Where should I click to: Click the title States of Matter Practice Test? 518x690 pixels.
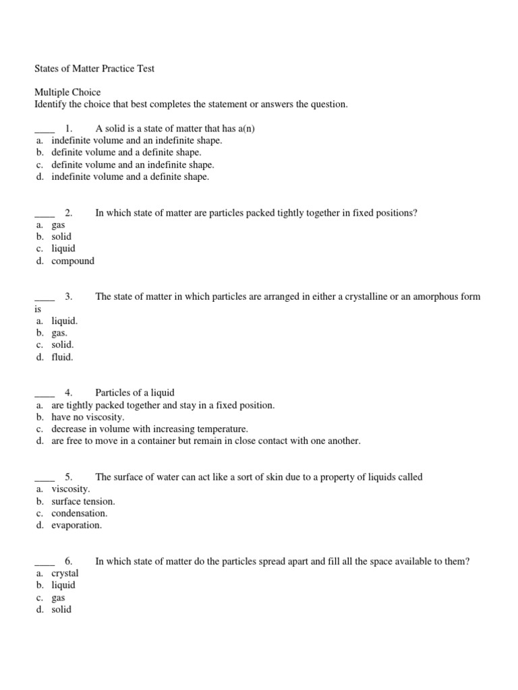94,68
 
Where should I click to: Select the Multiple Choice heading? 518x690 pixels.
67,92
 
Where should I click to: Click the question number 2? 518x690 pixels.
69,213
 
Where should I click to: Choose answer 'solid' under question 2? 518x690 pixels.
61,237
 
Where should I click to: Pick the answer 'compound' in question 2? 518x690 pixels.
73,261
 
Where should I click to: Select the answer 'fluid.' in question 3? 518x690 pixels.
62,357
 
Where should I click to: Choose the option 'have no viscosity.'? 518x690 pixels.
88,417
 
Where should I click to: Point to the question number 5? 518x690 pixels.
69,477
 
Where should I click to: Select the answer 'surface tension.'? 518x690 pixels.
83,501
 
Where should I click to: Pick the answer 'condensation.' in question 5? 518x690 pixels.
79,513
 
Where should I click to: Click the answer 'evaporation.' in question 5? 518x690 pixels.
77,525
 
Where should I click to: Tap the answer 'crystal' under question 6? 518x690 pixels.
65,573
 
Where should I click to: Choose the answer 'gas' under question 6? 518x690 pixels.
59,598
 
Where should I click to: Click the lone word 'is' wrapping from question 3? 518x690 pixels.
38,309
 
